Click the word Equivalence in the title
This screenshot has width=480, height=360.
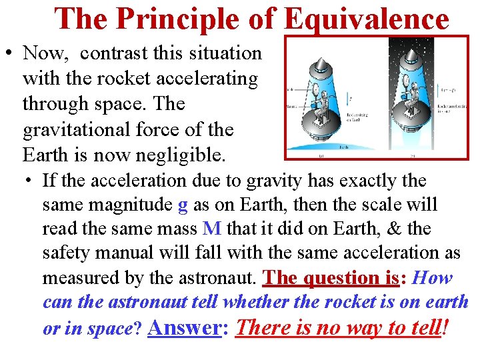366,19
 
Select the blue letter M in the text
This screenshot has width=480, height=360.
211,229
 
